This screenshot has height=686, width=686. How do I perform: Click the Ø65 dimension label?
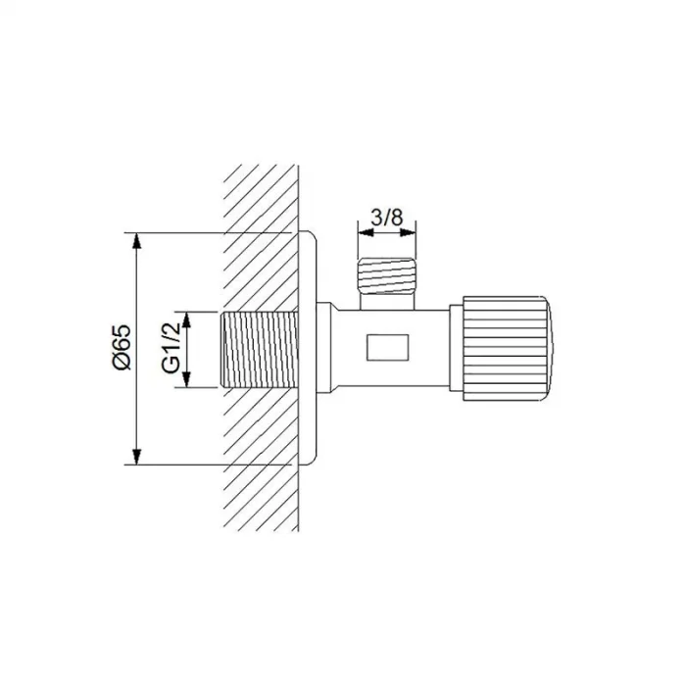click(122, 347)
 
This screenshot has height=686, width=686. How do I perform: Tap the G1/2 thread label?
click(171, 349)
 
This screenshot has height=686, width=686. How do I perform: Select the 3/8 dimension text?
click(387, 218)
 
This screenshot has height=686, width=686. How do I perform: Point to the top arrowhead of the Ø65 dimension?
click(137, 241)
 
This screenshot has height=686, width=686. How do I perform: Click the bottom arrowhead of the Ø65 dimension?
click(137, 457)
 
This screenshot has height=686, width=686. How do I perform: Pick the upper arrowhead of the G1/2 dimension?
click(187, 319)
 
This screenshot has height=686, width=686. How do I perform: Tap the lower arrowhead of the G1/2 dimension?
click(187, 379)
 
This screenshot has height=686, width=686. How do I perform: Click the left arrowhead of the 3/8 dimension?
click(366, 232)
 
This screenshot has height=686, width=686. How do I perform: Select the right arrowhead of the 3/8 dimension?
click(408, 232)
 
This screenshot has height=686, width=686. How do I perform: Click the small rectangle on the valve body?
click(388, 348)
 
